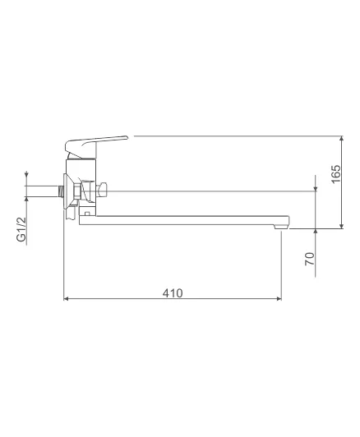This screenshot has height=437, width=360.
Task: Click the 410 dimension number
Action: pyautogui.click(x=173, y=293)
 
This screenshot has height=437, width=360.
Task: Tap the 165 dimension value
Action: pyautogui.click(x=336, y=174)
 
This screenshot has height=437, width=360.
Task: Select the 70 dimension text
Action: pyautogui.click(x=310, y=259)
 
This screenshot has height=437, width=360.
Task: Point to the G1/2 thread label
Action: pyautogui.click(x=21, y=229)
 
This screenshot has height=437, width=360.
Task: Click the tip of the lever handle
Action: pyautogui.click(x=127, y=137)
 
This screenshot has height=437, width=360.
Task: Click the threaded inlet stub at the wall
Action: pyautogui.click(x=61, y=191)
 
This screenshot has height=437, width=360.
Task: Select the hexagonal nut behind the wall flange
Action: pyautogui.click(x=76, y=191)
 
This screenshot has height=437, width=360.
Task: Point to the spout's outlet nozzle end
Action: pyautogui.click(x=281, y=227)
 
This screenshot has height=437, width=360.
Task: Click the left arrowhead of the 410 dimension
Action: pyautogui.click(x=66, y=299)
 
